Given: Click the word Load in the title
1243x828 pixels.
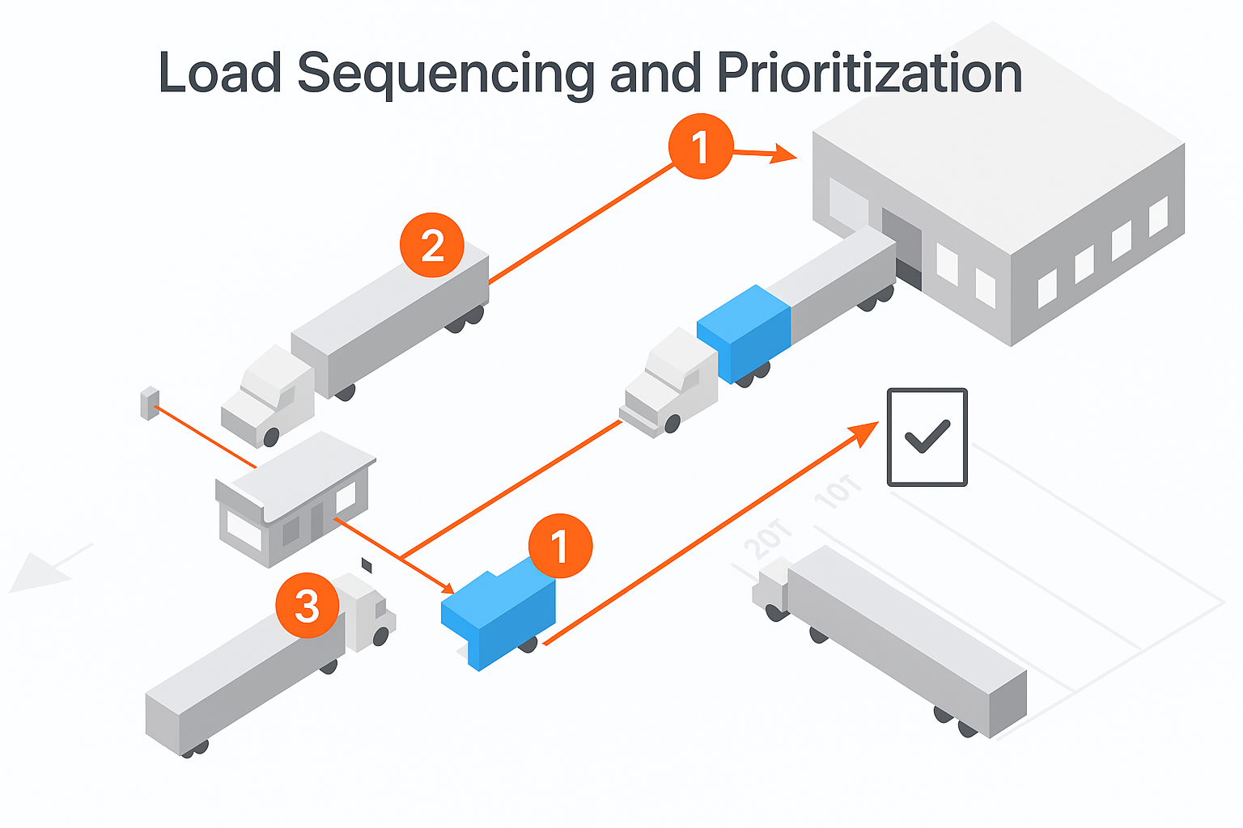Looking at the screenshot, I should (x=219, y=74).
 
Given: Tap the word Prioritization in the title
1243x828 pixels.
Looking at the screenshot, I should (x=869, y=74).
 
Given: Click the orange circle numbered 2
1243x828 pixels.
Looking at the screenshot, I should (x=432, y=246).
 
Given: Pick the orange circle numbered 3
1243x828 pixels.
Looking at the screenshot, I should (x=308, y=606).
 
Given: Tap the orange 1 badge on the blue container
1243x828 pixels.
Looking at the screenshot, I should (x=560, y=547).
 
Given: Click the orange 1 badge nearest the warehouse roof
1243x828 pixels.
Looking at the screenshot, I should (x=701, y=146).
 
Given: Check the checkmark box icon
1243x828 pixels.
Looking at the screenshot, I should (x=927, y=437).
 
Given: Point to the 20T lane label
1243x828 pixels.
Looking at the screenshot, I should (x=768, y=539).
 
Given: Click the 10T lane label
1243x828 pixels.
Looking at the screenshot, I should (x=838, y=492).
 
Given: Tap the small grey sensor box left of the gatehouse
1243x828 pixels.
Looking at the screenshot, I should (x=150, y=403).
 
